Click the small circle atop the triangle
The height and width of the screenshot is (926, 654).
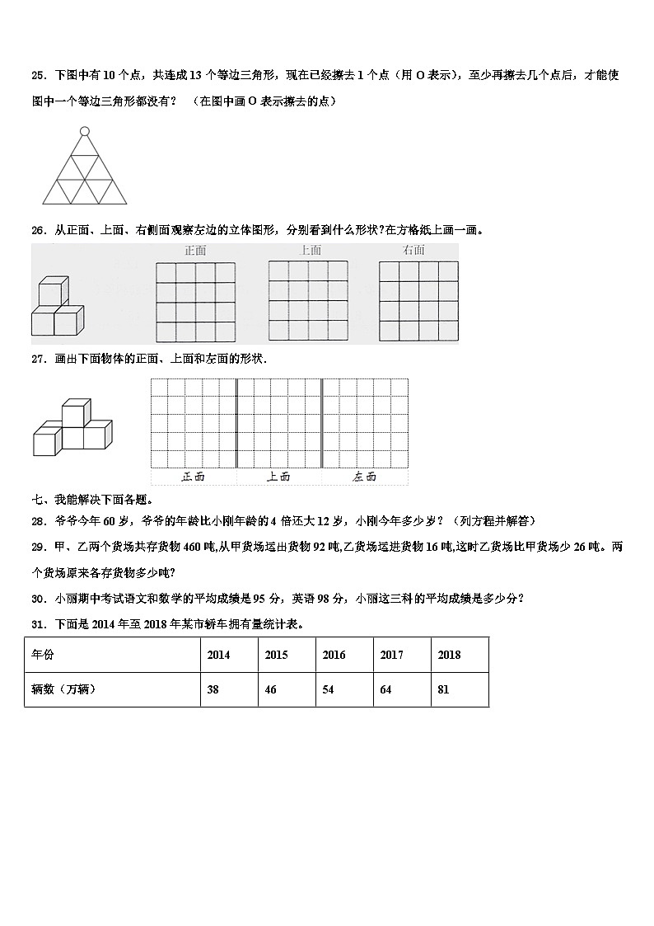[x=84, y=131]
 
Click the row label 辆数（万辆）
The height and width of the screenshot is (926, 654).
[x=64, y=689]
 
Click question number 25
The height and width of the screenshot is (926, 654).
[x=38, y=75]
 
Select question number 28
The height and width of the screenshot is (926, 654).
[x=38, y=520]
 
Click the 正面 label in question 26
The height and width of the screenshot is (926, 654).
[x=195, y=250]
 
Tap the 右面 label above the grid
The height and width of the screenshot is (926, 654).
[x=413, y=250]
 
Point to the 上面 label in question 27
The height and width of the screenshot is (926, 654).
[x=278, y=477]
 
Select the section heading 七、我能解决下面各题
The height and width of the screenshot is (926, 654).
[x=91, y=500]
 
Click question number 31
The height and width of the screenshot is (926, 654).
[x=38, y=623]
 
